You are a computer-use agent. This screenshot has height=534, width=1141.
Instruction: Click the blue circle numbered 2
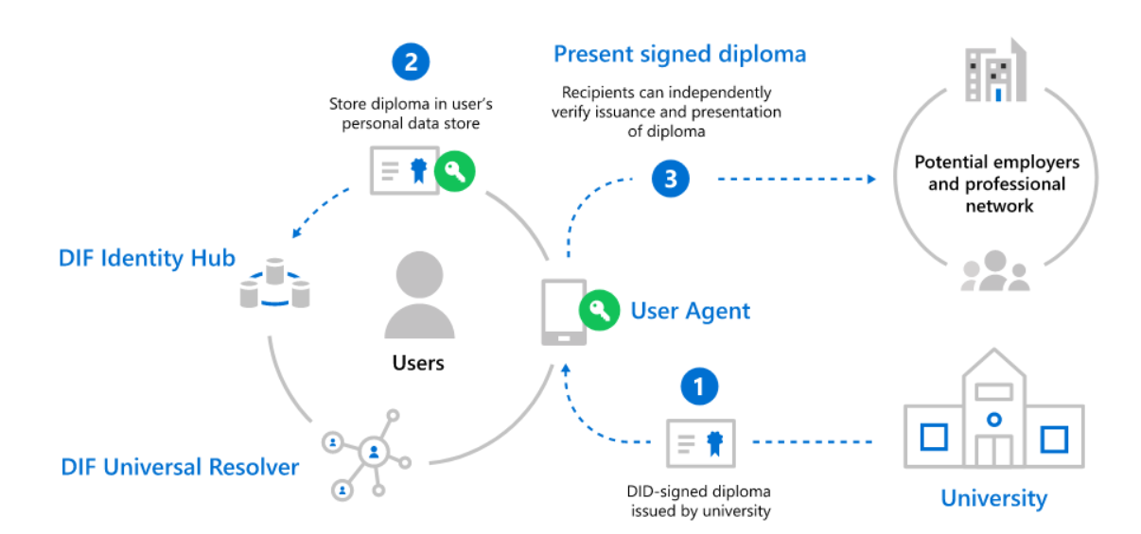(x=410, y=62)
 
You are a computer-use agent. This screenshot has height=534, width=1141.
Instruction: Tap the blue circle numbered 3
(x=670, y=179)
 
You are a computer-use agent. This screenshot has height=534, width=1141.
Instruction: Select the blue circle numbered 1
(x=699, y=386)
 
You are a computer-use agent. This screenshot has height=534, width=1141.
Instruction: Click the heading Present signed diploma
(x=679, y=54)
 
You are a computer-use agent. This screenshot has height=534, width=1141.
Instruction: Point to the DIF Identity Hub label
(x=147, y=258)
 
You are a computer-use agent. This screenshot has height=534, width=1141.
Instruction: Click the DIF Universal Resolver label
(x=180, y=467)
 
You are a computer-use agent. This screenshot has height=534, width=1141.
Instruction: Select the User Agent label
(x=691, y=311)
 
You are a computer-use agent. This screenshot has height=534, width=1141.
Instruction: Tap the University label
(x=993, y=498)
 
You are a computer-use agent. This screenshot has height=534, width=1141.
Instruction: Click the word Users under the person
(x=418, y=362)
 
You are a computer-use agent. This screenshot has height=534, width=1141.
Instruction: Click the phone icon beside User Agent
(x=562, y=313)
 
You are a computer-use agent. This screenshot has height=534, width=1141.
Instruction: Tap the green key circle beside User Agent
(x=599, y=310)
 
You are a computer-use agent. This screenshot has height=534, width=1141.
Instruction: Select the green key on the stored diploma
(x=454, y=171)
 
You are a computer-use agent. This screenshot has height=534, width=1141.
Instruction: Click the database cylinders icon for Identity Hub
(x=275, y=284)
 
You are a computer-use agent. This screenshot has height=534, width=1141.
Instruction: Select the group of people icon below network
(x=994, y=271)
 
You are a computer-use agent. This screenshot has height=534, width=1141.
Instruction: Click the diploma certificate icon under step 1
(x=701, y=441)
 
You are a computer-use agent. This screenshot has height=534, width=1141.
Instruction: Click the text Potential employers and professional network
(x=996, y=183)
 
